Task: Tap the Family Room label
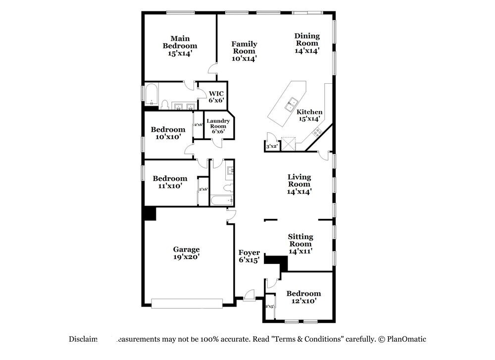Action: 245,51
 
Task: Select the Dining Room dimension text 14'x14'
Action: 307,50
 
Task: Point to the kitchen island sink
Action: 291,103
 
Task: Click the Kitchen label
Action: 310,115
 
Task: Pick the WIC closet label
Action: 216,97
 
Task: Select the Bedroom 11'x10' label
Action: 170,182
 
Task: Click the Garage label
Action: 186,253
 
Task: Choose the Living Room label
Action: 299,184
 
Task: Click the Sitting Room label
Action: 300,244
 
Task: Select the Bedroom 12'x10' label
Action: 303,297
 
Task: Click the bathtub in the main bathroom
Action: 150,95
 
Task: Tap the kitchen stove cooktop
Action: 316,132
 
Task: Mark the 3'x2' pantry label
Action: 271,147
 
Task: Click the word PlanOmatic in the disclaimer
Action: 406,339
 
